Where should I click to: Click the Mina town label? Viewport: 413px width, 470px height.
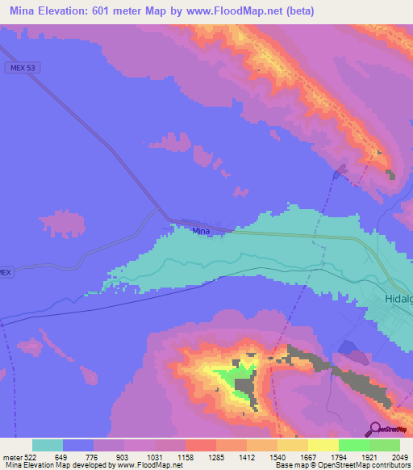202,232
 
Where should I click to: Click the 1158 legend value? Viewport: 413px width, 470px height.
169,457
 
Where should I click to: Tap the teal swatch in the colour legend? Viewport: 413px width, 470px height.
48,445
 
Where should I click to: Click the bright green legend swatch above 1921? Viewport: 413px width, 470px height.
353,445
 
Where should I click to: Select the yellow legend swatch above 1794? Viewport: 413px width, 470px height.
323,445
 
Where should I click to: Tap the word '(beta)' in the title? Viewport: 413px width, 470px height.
295,10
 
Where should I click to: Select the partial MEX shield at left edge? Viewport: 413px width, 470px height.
5,273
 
